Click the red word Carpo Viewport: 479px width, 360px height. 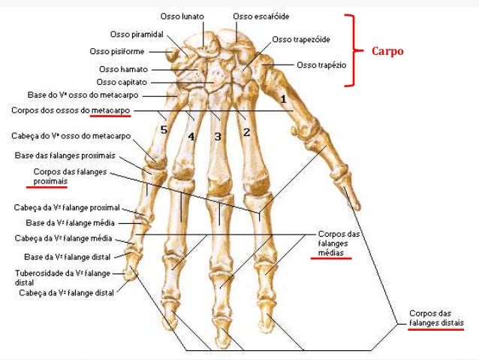(x=388, y=52)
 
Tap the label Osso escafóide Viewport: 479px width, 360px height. (x=260, y=16)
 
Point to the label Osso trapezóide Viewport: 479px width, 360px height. (x=301, y=39)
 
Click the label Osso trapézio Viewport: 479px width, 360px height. (x=321, y=65)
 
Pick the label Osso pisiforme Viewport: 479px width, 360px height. (x=118, y=51)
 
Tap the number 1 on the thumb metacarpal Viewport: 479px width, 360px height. (x=283, y=98)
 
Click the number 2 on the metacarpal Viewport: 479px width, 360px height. (x=246, y=133)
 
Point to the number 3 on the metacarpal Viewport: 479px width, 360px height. (x=218, y=137)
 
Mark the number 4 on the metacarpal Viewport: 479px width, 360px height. (x=191, y=137)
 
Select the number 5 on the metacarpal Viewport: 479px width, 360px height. (x=164, y=130)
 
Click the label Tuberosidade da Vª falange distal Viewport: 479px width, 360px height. (x=62, y=277)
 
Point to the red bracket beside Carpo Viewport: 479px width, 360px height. (x=350, y=50)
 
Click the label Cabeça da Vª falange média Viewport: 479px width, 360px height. (x=63, y=238)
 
